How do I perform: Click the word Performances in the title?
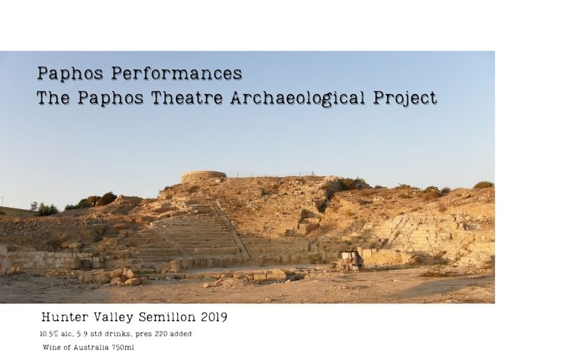point(176,73)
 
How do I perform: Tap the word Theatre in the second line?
point(186,97)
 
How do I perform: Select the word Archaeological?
point(297,98)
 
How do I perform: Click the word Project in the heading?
point(405,98)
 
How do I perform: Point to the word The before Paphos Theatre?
point(54,97)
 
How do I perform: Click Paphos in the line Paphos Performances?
point(70,74)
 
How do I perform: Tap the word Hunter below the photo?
point(65,317)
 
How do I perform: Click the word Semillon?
point(167,317)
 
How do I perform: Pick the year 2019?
point(214,317)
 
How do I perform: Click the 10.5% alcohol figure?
point(49,334)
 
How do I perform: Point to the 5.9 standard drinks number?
point(82,334)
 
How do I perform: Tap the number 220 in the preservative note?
point(161,334)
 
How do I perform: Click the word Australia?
point(91,347)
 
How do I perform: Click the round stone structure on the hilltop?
point(203,178)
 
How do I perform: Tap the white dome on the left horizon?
point(34,205)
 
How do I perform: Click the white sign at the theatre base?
point(346,256)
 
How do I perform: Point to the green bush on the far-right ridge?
point(484,185)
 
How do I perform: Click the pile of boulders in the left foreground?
point(112,276)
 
